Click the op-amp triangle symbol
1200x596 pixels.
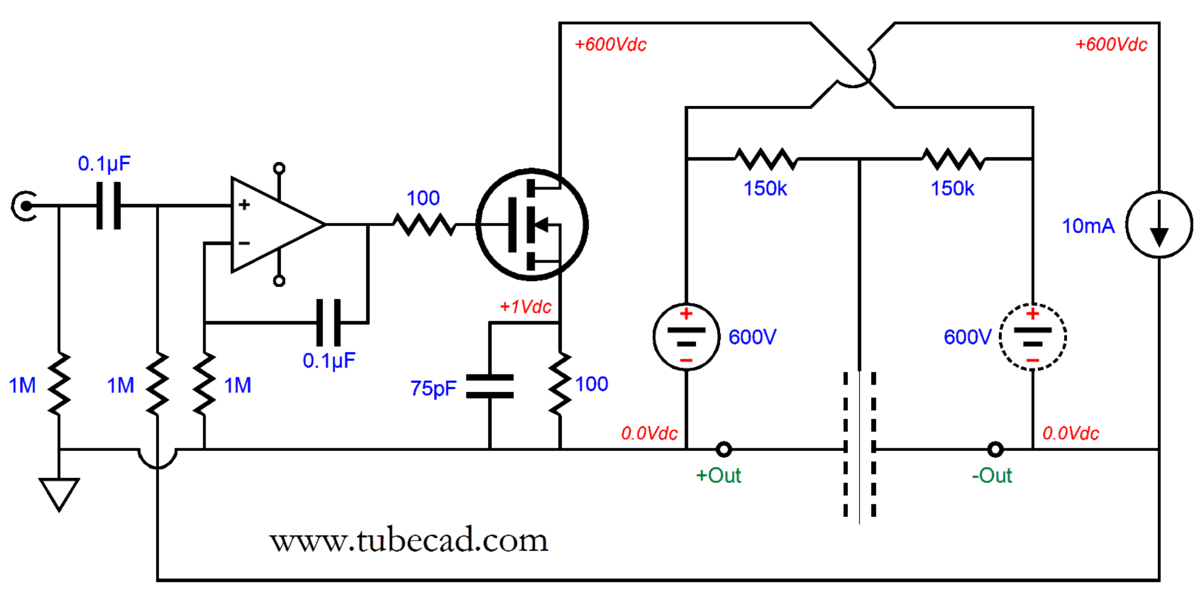pos(272,225)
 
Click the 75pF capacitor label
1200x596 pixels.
pos(435,386)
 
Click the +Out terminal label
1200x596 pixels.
pos(718,475)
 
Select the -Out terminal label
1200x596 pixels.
pos(992,475)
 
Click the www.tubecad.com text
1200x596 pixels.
pos(408,541)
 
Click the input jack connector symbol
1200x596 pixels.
pos(22,207)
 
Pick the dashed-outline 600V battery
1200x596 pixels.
pos(1032,338)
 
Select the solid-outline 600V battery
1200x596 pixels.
pos(686,338)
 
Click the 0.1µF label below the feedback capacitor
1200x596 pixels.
pos(327,357)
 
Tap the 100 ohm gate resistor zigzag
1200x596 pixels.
pos(422,226)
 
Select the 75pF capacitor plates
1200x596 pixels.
pos(490,386)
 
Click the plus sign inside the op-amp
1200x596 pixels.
pos(243,206)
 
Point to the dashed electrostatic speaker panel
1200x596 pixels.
pos(860,445)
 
